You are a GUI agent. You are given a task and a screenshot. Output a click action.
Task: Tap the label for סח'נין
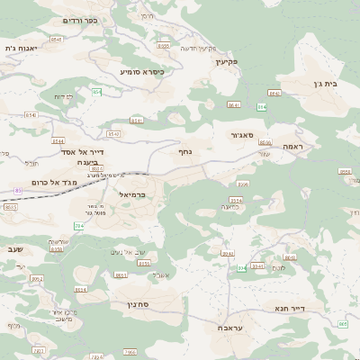149,305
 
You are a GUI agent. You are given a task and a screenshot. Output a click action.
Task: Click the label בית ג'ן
328,82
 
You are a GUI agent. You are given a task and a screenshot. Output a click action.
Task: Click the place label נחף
186,152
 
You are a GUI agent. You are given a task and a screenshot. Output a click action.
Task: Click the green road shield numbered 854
96,92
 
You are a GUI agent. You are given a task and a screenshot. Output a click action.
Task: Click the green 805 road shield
343,324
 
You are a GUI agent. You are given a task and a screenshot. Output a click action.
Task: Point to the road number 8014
81,289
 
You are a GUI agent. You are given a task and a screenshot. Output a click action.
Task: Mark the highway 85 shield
18,191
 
